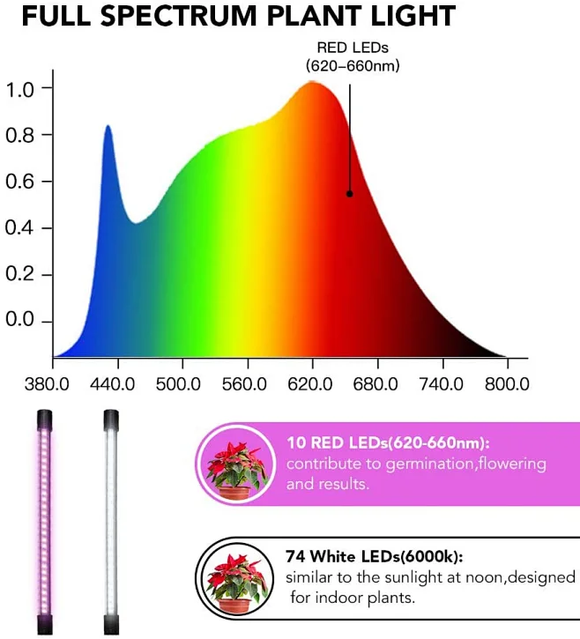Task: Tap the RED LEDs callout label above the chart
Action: pos(353,56)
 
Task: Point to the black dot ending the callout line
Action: pos(349,194)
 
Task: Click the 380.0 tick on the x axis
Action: pos(52,384)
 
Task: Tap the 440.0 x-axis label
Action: pos(117,384)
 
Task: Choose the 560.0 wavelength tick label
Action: pos(247,384)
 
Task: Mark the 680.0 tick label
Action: pos(376,384)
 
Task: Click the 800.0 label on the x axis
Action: pos(506,384)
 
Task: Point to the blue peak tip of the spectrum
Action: pos(108,127)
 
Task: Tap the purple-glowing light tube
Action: pos(45,520)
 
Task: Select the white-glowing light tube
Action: pos(110,520)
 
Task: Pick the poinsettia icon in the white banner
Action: pos(235,578)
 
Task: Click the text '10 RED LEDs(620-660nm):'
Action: pos(388,443)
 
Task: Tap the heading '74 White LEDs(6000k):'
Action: pos(375,557)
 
